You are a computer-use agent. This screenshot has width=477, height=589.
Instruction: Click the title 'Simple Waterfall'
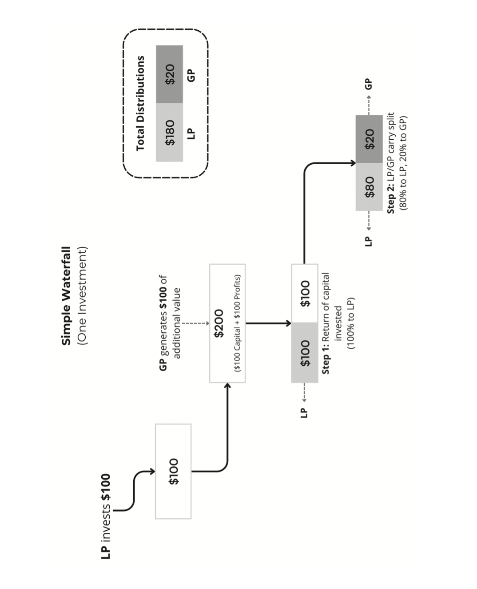[66, 295]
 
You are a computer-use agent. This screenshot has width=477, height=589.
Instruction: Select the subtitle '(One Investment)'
[82, 295]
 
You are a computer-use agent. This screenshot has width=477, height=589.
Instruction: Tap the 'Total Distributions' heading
[140, 103]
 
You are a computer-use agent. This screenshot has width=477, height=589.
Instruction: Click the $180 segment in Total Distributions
[170, 132]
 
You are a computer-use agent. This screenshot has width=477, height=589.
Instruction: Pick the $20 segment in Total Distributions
[170, 74]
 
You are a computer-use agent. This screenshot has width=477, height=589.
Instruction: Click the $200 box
[227, 323]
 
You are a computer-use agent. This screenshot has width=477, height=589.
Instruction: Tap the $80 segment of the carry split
[369, 187]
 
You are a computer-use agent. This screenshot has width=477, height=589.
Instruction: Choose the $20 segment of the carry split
[369, 139]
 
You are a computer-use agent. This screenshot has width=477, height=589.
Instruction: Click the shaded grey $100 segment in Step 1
[305, 353]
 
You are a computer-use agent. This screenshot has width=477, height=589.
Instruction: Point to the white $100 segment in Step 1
[305, 294]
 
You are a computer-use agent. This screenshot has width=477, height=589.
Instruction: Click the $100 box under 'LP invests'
[173, 471]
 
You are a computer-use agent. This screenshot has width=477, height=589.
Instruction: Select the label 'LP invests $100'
[106, 516]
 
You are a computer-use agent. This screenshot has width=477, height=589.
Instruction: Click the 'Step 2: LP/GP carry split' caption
[391, 163]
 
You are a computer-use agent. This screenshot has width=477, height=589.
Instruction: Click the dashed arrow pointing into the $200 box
[195, 323]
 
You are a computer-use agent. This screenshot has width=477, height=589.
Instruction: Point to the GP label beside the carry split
[369, 84]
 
